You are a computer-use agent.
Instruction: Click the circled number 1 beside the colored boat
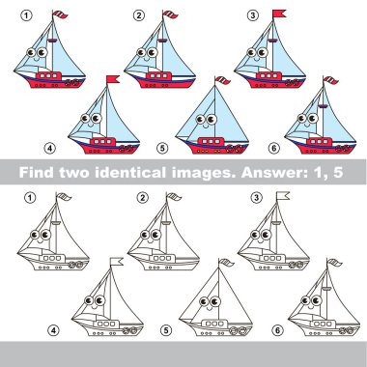click(26, 15)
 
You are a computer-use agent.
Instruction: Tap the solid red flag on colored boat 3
click(279, 14)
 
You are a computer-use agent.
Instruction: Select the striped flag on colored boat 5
click(222, 80)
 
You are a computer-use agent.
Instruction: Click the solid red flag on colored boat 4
click(113, 79)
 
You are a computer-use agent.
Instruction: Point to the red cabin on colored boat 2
click(158, 76)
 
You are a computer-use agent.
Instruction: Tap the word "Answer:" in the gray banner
click(273, 173)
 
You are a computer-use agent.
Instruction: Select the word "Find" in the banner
click(37, 173)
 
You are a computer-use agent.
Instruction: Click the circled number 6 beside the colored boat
click(273, 148)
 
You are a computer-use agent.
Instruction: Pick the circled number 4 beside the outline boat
click(53, 330)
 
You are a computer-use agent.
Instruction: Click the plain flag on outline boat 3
click(283, 195)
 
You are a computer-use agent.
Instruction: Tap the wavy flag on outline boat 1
click(64, 196)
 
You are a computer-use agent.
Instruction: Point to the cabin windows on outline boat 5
click(214, 324)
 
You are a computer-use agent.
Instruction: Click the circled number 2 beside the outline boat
click(143, 198)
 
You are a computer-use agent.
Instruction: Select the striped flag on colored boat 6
click(330, 80)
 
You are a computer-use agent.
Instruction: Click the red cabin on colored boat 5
click(211, 142)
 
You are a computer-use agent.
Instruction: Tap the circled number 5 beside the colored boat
click(162, 148)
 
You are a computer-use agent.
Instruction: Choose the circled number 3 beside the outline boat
click(256, 198)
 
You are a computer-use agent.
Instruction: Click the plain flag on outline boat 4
click(117, 262)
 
